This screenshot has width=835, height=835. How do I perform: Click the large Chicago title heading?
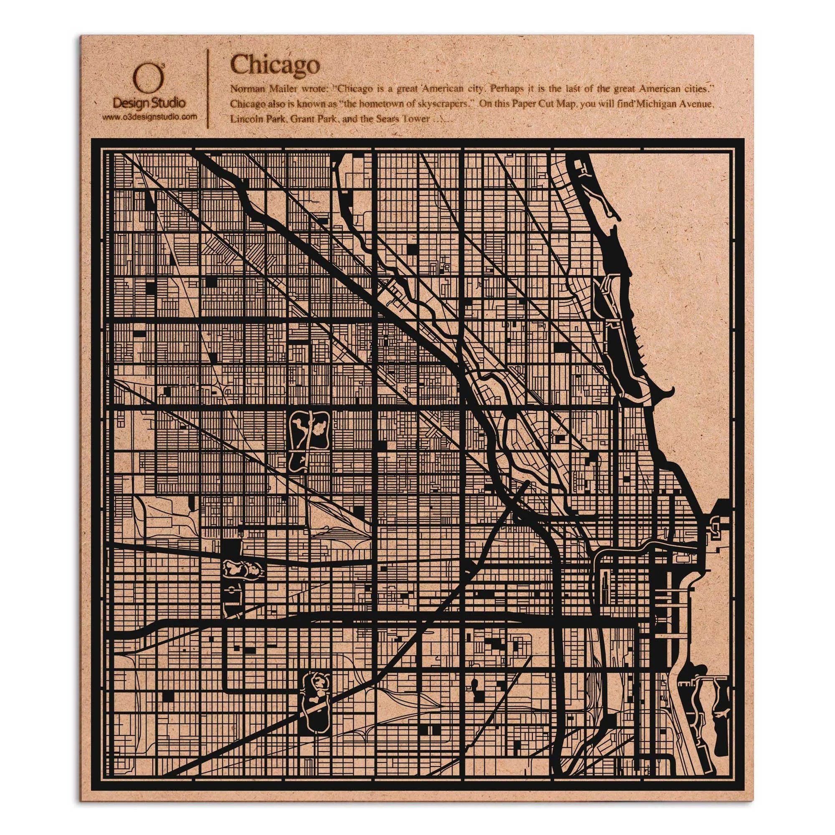tap(275, 65)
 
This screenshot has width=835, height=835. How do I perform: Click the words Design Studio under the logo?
tap(149, 103)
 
